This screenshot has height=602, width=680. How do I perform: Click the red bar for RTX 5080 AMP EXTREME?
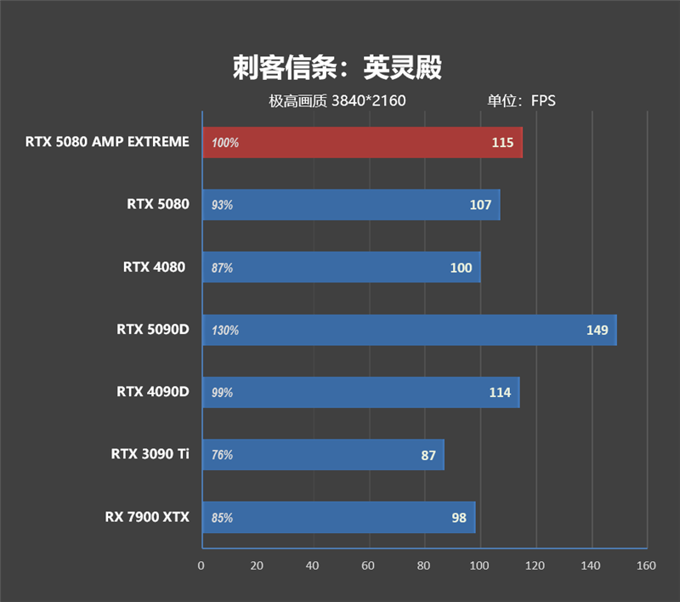(362, 143)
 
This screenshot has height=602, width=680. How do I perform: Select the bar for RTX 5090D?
(409, 330)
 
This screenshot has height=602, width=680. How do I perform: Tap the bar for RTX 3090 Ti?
(323, 455)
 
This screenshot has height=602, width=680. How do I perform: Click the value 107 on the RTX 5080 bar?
(480, 205)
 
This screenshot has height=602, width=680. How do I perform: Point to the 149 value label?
(598, 330)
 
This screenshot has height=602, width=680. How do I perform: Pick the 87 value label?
(428, 455)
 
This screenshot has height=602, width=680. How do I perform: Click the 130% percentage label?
(225, 330)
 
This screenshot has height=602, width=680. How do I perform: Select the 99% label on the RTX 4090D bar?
(222, 393)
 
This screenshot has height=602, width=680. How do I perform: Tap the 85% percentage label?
(222, 518)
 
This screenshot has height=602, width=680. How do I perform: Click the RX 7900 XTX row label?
(147, 517)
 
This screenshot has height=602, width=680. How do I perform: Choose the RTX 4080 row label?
(154, 267)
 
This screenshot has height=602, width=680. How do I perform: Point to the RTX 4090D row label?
(152, 392)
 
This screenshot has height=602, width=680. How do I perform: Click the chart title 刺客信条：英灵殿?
(337, 68)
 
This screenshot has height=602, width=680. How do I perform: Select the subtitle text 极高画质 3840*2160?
(337, 101)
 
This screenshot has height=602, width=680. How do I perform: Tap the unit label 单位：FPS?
(520, 101)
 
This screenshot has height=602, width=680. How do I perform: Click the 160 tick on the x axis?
(647, 565)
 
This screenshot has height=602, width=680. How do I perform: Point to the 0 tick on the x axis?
(201, 565)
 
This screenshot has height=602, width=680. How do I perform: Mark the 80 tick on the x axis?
(424, 565)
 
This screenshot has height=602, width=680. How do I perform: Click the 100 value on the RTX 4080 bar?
(461, 268)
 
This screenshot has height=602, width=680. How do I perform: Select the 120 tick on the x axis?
(535, 565)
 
